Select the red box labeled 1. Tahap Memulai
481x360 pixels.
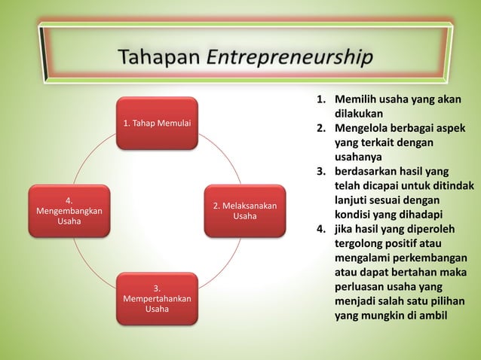click(157, 123)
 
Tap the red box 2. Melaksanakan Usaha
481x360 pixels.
click(244, 211)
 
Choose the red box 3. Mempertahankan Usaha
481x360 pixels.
click(157, 299)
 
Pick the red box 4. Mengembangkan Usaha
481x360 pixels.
click(69, 211)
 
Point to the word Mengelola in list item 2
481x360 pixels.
click(364, 129)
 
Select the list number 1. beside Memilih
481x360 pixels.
click(320, 100)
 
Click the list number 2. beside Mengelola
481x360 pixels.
click(320, 129)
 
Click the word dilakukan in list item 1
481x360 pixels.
click(360, 114)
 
